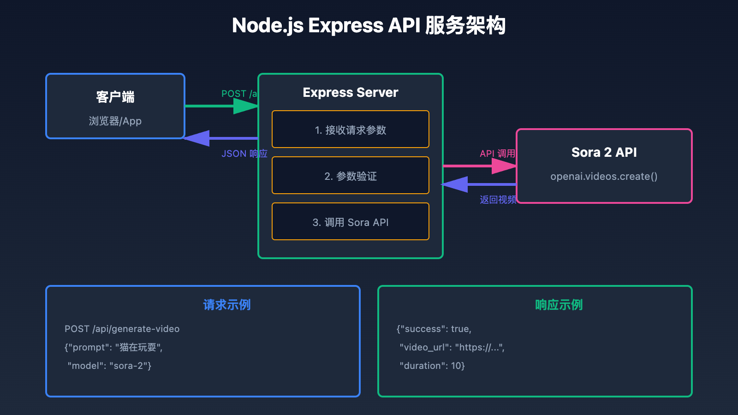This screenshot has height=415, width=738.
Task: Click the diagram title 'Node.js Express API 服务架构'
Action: pyautogui.click(x=369, y=25)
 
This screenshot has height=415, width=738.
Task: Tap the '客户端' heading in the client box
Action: pyautogui.click(x=115, y=97)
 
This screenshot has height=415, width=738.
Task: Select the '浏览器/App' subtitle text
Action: pyautogui.click(x=115, y=121)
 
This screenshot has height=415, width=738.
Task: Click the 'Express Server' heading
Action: pyautogui.click(x=351, y=93)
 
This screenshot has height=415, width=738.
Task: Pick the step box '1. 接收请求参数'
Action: pyautogui.click(x=351, y=130)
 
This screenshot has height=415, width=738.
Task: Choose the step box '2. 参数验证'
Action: pyautogui.click(x=351, y=176)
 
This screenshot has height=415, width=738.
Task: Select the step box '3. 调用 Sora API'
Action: pyautogui.click(x=351, y=222)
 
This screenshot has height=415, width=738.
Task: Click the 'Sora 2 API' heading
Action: pyautogui.click(x=604, y=152)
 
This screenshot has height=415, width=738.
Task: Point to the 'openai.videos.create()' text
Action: pyautogui.click(x=604, y=177)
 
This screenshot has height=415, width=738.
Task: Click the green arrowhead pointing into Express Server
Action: pyautogui.click(x=246, y=106)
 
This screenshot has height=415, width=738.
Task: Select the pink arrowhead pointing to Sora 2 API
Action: pyautogui.click(x=504, y=166)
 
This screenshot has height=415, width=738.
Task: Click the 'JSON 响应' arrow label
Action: pyautogui.click(x=244, y=154)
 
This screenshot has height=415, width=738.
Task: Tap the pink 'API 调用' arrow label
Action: pyautogui.click(x=497, y=154)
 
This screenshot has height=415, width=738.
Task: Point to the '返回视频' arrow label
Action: pyautogui.click(x=498, y=200)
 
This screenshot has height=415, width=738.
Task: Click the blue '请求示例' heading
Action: pyautogui.click(x=227, y=305)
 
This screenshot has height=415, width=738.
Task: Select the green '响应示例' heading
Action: pyautogui.click(x=559, y=305)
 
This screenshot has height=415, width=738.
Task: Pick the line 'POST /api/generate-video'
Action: pyautogui.click(x=122, y=329)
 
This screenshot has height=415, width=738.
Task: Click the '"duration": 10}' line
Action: pyautogui.click(x=432, y=366)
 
